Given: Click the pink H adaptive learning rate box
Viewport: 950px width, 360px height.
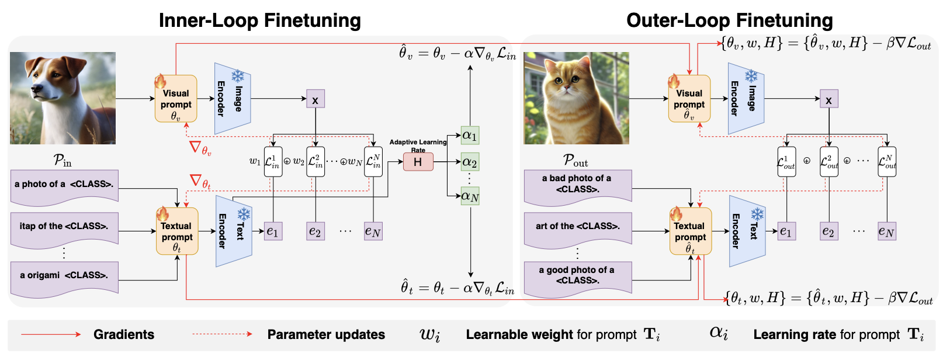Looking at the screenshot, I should [x=418, y=161].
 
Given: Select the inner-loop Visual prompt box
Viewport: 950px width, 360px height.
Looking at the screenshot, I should [x=176, y=99].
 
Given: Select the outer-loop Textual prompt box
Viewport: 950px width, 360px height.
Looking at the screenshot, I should [x=690, y=231].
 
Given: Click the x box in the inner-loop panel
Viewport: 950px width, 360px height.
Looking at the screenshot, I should [x=315, y=100].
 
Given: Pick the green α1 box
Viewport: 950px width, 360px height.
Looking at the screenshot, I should [x=470, y=136].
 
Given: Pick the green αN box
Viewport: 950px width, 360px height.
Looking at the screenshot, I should [x=470, y=196].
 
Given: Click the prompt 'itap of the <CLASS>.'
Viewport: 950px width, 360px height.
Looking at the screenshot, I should [x=64, y=227].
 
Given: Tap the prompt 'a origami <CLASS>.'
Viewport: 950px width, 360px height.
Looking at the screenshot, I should [x=64, y=275].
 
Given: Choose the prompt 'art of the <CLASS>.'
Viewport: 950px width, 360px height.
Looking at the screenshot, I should [x=577, y=227].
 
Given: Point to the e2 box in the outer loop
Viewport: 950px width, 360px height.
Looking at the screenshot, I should [x=828, y=231].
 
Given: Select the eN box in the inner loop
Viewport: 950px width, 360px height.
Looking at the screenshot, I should [x=373, y=231].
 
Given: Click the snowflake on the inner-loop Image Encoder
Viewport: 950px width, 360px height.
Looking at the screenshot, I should [x=238, y=76].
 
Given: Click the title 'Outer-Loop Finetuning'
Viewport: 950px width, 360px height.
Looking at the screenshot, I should [x=729, y=20].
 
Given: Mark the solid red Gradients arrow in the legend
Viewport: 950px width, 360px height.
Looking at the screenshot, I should [x=51, y=334].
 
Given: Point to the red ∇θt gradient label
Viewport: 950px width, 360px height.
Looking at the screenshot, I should [x=200, y=182].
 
